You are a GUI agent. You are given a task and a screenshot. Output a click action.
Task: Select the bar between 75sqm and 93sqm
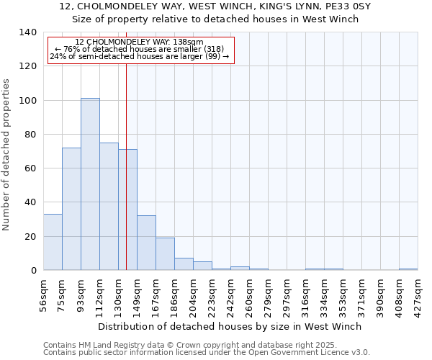[71, 209]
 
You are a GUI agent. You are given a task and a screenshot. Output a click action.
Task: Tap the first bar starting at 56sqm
[53, 242]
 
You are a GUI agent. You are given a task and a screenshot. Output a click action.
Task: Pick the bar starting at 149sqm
[146, 243]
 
